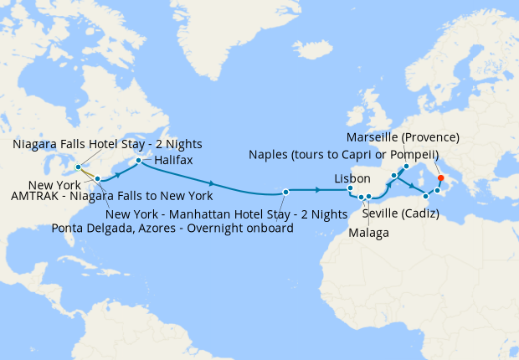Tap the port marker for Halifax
click(x=139, y=159)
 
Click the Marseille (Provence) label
click(x=402, y=137)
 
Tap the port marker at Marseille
click(x=406, y=166)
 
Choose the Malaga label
click(x=369, y=233)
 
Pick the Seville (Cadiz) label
click(x=400, y=213)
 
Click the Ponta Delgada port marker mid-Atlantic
click(x=285, y=192)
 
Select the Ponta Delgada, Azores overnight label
click(x=172, y=228)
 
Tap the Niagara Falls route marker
click(x=78, y=167)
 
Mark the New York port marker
click(x=98, y=178)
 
